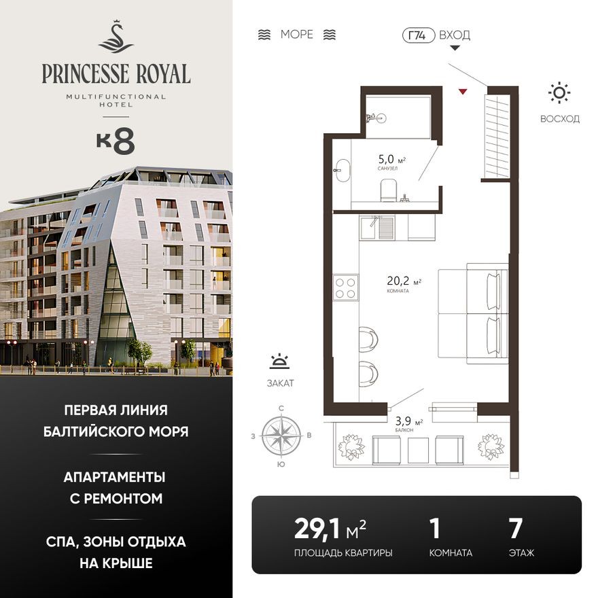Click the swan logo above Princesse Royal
point(116,37)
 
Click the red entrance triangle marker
point(463,91)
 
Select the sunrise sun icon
point(559,93)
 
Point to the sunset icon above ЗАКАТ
point(279,362)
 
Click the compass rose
point(281,435)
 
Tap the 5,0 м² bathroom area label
point(391,161)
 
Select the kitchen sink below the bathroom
point(372,228)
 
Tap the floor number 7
point(515,529)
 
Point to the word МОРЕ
point(297,35)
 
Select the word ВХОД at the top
point(455,35)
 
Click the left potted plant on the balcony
point(352,446)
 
